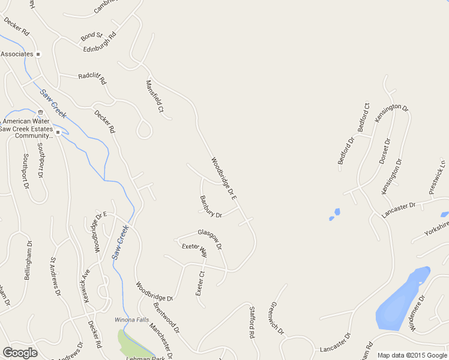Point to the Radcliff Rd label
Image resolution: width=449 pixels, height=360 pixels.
pyautogui.click(x=92, y=78)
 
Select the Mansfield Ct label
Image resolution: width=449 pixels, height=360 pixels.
pyautogui.click(x=155, y=97)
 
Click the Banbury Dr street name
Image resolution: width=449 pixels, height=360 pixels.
pyautogui.click(x=211, y=205)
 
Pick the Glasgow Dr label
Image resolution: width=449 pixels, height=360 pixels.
pyautogui.click(x=210, y=239)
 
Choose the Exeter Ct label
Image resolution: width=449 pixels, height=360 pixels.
pyautogui.click(x=200, y=283)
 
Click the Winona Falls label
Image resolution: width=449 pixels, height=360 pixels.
pyautogui.click(x=131, y=320)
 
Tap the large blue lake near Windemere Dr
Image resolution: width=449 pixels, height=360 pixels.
pyautogui.click(x=399, y=300)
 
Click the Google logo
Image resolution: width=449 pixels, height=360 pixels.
pyautogui.click(x=19, y=353)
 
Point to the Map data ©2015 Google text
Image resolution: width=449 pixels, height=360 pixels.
pyautogui.click(x=412, y=355)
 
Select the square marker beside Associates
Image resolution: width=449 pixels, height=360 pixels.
pyautogui.click(x=38, y=54)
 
